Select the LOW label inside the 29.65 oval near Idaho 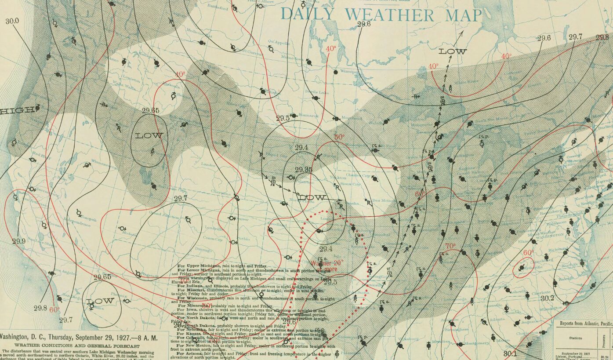click(149, 135)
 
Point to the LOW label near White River click(453, 51)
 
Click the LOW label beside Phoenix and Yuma click(100, 302)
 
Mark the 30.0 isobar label click(12, 21)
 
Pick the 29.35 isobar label click(304, 170)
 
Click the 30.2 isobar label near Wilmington click(547, 298)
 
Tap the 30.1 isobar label click(510, 353)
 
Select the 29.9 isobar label click(19, 241)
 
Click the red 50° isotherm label click(339, 137)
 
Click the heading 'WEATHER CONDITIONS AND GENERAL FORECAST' click(83, 345)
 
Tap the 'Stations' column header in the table click(575, 338)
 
